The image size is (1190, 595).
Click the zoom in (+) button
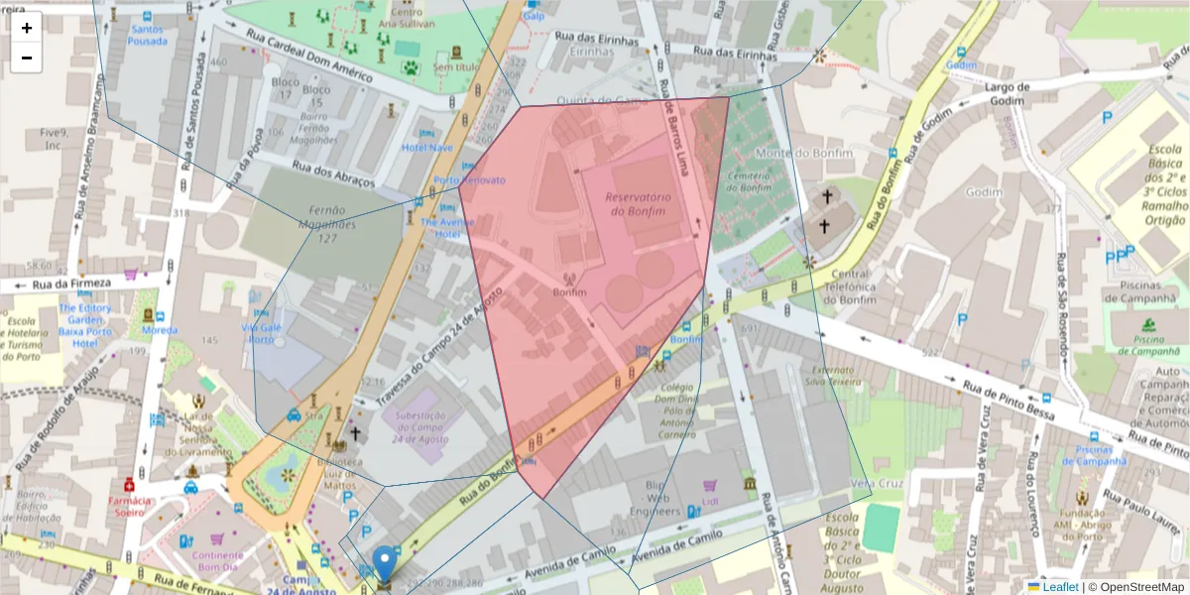pos(27,28)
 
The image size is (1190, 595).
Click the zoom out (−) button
pos(27,58)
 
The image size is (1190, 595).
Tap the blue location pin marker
pos(384,563)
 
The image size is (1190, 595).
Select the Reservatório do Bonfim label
pos(638,203)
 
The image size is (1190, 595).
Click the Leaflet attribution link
pos(1059,587)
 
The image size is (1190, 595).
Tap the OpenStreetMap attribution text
pos(1135,587)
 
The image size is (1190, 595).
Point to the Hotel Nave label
pos(426,148)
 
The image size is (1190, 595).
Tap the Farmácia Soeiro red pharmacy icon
pos(128,485)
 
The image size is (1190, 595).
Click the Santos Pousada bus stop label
pos(147,37)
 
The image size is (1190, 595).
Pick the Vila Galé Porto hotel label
pos(258,332)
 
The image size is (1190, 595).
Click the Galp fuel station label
pos(534,16)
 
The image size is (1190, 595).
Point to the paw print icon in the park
pos(410,68)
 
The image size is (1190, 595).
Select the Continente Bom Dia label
pos(217,562)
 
